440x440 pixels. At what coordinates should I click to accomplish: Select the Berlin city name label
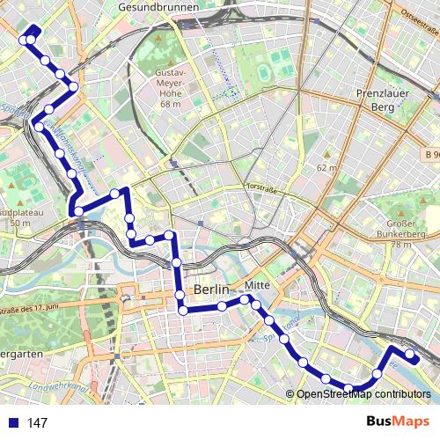click(211, 290)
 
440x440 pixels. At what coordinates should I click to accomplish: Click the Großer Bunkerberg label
click(407, 231)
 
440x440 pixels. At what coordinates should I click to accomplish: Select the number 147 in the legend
click(37, 423)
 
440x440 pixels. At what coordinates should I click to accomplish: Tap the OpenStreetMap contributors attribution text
click(363, 394)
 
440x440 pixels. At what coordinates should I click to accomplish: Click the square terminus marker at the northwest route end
click(25, 40)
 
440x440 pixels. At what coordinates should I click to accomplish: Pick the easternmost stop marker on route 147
click(409, 355)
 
